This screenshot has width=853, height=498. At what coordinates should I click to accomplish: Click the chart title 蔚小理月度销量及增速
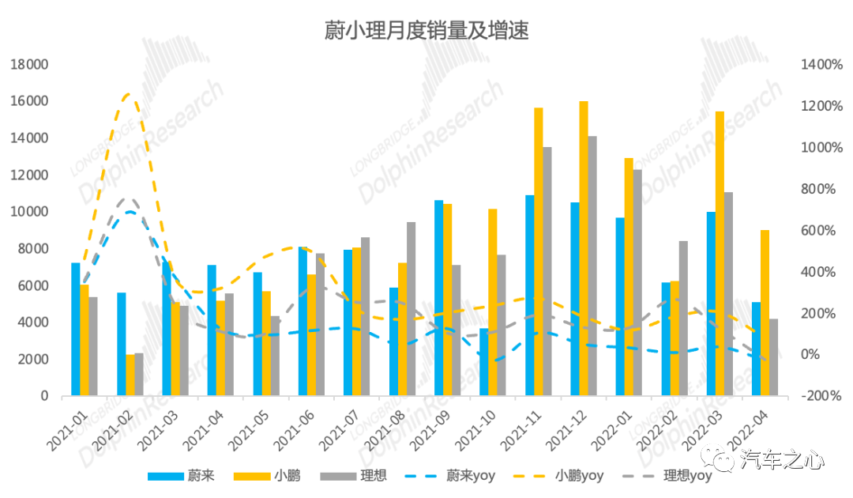click(x=426, y=31)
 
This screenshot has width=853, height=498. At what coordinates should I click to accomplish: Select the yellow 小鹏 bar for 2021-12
click(x=584, y=248)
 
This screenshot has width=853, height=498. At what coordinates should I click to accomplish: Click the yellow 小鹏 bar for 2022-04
click(x=765, y=312)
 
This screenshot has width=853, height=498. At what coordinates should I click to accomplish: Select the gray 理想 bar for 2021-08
click(x=411, y=308)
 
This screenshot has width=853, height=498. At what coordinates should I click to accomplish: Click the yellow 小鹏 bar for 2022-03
click(x=720, y=253)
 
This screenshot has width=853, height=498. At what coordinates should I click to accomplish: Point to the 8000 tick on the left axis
click(x=32, y=248)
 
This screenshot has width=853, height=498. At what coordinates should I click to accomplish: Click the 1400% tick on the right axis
click(x=821, y=65)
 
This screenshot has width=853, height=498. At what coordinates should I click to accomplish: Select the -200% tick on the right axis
click(x=821, y=395)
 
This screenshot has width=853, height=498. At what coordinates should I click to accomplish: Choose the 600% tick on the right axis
click(x=821, y=230)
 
